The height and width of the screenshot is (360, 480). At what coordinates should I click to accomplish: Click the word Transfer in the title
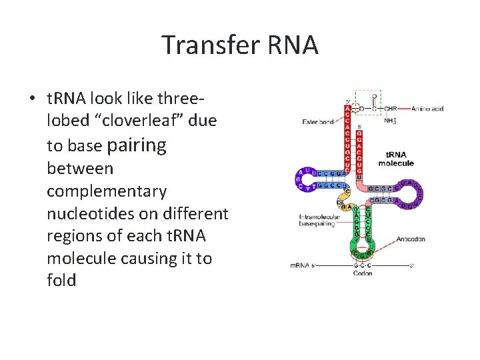point(207,45)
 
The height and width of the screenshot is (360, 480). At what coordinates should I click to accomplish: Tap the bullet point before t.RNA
point(32,99)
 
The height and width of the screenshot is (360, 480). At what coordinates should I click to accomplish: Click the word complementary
point(107,191)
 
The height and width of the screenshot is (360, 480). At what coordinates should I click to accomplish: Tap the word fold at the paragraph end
point(61,280)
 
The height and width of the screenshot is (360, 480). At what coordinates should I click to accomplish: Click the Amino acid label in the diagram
point(427,109)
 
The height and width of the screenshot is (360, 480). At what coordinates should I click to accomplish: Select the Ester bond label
point(317,121)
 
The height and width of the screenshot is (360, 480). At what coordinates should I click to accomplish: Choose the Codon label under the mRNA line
point(363,273)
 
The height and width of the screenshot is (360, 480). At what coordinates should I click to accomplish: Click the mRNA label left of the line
point(299,265)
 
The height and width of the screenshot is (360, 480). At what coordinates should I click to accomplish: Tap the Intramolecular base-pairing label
point(316,221)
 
